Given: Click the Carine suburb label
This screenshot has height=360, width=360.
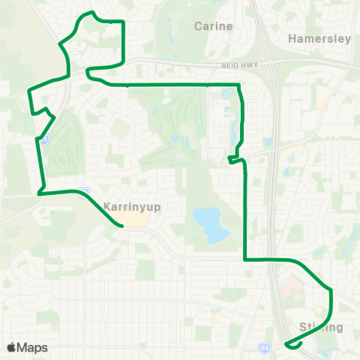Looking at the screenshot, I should coord(213,26).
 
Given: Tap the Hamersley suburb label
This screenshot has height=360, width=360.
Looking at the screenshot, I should coord(319,39).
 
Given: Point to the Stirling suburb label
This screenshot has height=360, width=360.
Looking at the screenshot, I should coord(321,327).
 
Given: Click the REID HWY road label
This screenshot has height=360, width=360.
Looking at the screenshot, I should coord(239,66).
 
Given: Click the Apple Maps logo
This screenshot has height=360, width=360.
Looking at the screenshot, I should coord(27,347).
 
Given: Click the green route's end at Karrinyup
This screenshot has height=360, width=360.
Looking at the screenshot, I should coord(121,225).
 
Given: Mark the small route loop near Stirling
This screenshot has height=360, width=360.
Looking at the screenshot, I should coord(294,344).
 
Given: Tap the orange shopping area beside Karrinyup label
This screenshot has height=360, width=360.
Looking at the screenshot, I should coord(133,218).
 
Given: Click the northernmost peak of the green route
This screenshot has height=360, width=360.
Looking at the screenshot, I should coord(91,13).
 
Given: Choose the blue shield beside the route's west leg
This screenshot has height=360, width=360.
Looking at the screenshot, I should coord(45,140).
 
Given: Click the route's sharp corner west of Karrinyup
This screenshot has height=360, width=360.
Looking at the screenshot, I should coord(39,193).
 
